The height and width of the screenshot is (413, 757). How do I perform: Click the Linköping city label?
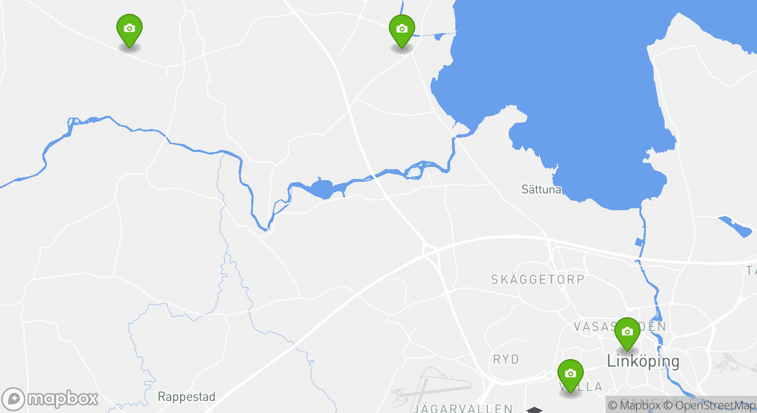coord(643,361)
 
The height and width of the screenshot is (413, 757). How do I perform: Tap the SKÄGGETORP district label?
coord(537,279)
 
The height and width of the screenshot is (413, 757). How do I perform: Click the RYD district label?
coord(506,360)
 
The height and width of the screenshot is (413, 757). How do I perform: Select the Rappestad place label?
coord(186,396)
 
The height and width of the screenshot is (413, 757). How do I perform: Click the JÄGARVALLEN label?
coord(462,408)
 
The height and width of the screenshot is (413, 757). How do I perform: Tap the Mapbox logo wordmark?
coord(63,399)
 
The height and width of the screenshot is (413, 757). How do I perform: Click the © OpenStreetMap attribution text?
coord(710,406)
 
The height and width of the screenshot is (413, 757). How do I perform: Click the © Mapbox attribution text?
coord(634,406)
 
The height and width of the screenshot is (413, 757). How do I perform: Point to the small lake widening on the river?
coord(322,188)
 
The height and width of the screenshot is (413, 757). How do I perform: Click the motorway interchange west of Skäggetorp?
coord(429,250)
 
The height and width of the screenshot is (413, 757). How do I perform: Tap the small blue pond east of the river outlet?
coord(736,226)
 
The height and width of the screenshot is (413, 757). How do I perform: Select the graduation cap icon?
coord(534,410)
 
